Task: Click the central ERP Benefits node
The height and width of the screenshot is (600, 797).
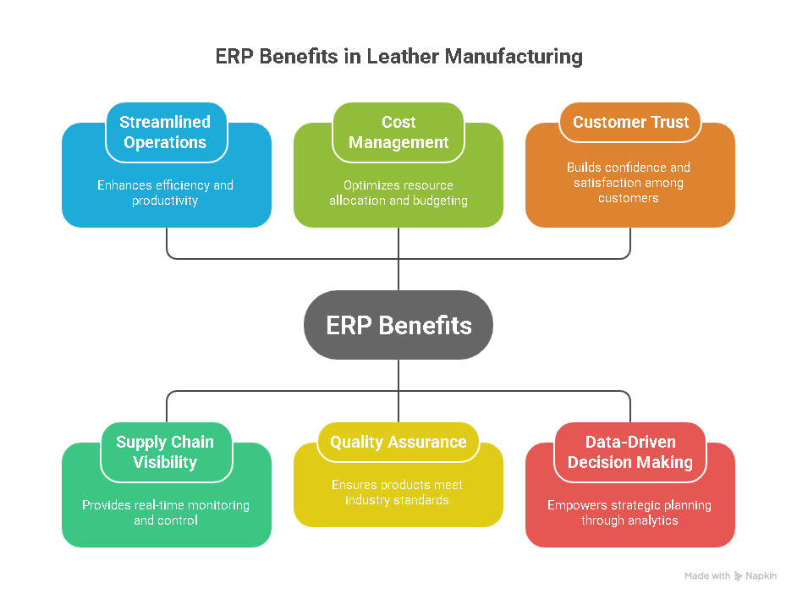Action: coord(398,325)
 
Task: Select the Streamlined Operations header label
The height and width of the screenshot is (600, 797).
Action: coord(166,132)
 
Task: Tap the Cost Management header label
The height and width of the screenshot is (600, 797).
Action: coord(398,132)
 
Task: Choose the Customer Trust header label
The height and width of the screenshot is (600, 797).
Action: coord(630,122)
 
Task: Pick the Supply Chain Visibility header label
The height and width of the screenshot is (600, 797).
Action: coord(166,452)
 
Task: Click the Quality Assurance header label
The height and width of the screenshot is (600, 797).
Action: coord(398,442)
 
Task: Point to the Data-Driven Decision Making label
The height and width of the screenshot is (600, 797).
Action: coord(630,452)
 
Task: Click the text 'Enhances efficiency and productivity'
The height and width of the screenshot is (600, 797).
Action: coord(166,193)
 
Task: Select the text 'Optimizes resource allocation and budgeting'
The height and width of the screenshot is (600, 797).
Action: coord(398,193)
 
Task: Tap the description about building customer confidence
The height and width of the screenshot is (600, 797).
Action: coord(629,183)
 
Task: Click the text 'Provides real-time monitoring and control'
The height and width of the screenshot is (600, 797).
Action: coord(166,513)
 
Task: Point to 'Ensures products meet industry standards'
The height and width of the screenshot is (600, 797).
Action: coord(398,493)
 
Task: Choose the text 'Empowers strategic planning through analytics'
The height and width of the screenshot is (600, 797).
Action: coord(629,513)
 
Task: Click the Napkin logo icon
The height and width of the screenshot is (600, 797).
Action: coord(739,576)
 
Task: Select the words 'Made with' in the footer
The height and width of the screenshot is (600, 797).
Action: coord(707,576)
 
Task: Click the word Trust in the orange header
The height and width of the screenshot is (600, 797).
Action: coord(670,122)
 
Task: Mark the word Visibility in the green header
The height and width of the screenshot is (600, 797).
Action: coord(166,462)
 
